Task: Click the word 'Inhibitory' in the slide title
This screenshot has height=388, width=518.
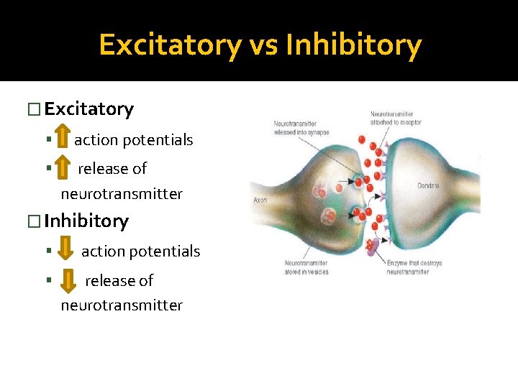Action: [353, 45]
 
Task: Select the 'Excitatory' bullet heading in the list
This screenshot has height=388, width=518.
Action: [88, 109]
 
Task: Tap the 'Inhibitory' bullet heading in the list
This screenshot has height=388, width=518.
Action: [86, 221]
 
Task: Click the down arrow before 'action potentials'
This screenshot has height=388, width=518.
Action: [66, 251]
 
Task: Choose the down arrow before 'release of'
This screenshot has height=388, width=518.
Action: [68, 280]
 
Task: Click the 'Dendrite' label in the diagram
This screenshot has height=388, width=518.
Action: [427, 186]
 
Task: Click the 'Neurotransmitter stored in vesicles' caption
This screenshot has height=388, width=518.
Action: [306, 267]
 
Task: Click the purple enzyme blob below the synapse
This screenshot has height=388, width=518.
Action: [371, 246]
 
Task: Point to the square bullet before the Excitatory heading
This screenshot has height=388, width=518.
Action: [31, 109]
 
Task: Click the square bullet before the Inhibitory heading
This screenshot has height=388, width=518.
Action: [31, 221]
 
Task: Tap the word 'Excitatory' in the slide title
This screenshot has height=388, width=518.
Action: [170, 45]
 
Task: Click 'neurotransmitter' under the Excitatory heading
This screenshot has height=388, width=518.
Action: [122, 194]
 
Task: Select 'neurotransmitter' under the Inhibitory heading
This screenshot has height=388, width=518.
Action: [122, 305]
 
